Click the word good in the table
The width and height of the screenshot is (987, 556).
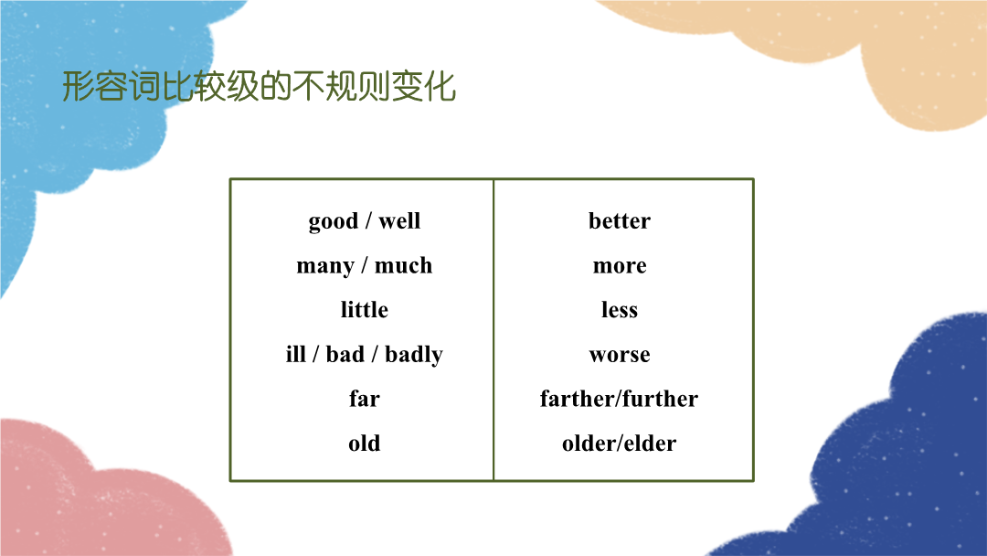[333, 222]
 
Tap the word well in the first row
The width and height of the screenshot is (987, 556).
[399, 221]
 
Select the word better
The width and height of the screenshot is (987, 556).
[620, 221]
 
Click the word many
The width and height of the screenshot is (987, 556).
[325, 266]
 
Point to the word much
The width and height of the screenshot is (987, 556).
[404, 265]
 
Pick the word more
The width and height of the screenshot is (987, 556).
[620, 266]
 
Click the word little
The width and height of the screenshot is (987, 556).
[365, 310]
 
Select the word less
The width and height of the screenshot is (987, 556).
[620, 310]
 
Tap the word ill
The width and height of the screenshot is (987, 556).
[296, 354]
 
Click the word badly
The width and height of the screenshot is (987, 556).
[414, 355]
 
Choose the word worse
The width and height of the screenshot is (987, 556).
[620, 355]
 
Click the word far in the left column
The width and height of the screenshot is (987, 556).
[365, 399]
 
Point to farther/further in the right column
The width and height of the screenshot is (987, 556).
[620, 399]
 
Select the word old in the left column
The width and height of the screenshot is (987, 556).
[365, 444]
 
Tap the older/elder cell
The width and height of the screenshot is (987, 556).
[620, 444]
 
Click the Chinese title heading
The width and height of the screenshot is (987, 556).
[259, 86]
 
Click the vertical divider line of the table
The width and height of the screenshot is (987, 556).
[493, 330]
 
